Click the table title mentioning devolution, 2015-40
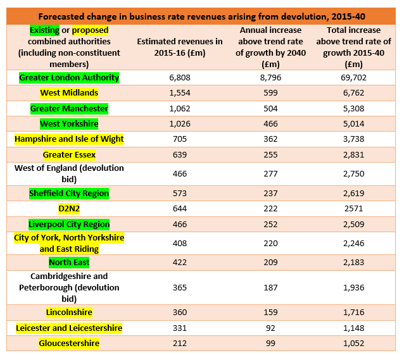[x=202, y=16]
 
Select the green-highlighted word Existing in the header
[x=44, y=30]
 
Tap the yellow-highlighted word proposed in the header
[x=90, y=30]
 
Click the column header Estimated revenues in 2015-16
[x=180, y=47]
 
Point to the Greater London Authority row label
[x=69, y=78]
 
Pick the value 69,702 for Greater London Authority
[x=353, y=78]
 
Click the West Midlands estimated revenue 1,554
[x=180, y=93]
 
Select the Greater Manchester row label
[x=69, y=108]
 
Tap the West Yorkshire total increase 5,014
[x=353, y=123]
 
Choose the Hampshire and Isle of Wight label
[x=69, y=139]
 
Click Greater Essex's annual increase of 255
[x=270, y=154]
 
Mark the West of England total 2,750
[x=353, y=173]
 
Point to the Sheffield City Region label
[x=69, y=193]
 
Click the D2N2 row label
[x=69, y=208]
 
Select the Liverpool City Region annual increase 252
[x=270, y=225]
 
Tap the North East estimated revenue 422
[x=180, y=262]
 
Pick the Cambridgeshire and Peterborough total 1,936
[x=353, y=287]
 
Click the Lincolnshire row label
[x=69, y=312]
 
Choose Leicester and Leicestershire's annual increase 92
[x=270, y=328]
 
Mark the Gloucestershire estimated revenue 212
[x=180, y=344]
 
